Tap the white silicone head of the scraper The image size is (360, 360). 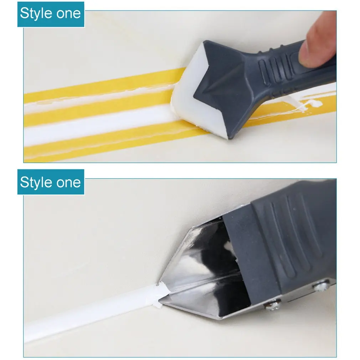(x=189, y=107)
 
